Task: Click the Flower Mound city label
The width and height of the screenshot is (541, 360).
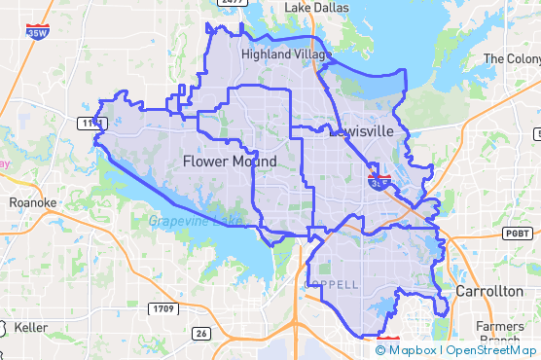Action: click(230, 162)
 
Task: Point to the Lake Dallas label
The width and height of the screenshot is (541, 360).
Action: click(316, 8)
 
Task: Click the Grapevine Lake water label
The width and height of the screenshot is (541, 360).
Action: click(196, 221)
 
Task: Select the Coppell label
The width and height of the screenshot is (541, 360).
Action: click(333, 284)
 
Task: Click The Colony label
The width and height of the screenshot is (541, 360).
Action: click(512, 59)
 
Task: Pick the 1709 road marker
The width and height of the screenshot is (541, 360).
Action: click(163, 309)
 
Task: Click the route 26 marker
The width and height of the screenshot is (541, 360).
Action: click(200, 334)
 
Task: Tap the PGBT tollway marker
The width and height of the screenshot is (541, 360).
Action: click(516, 234)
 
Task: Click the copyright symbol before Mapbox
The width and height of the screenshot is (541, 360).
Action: click(381, 349)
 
